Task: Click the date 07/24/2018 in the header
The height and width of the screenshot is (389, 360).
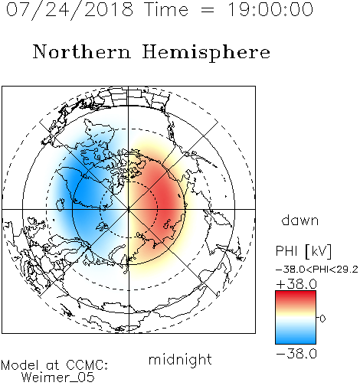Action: (x=70, y=10)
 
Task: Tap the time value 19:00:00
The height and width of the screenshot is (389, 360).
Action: (x=270, y=10)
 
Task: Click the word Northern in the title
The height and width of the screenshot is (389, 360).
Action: (x=82, y=51)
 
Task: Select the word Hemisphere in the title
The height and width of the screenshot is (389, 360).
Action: (x=206, y=52)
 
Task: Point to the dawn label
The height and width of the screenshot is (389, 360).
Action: (x=300, y=221)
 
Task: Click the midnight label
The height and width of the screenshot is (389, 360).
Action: (x=180, y=360)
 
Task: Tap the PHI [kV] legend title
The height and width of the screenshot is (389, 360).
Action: (x=303, y=251)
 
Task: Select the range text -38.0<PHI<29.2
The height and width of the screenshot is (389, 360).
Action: (x=317, y=270)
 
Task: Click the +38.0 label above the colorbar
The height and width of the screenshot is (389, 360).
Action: (x=296, y=284)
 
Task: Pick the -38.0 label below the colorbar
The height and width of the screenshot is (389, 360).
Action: (x=296, y=354)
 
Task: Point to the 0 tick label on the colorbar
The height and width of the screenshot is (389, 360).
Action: (x=322, y=319)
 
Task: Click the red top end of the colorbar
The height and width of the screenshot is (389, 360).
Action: (x=296, y=294)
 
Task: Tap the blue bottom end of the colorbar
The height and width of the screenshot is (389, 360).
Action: (x=296, y=341)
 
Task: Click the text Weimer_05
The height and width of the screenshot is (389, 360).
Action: (x=58, y=377)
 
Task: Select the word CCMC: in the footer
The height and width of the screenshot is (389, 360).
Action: (x=87, y=365)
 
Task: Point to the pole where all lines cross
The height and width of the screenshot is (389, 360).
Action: (x=129, y=209)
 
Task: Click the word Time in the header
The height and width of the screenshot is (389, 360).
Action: (x=166, y=10)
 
